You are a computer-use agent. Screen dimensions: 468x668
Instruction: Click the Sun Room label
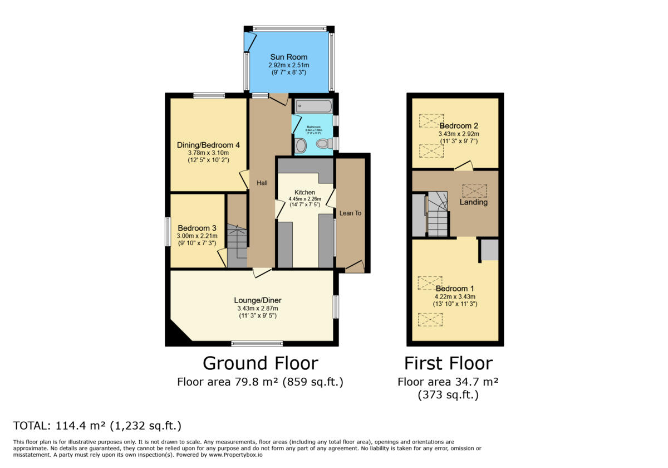(x=288, y=57)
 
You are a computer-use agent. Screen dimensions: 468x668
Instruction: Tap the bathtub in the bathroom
(x=313, y=105)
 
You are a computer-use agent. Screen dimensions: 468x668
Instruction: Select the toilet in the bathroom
(x=323, y=144)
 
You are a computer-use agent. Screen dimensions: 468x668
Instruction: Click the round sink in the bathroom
(x=301, y=146)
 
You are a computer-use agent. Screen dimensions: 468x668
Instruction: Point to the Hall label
(x=262, y=183)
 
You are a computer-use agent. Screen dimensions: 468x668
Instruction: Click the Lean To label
(x=350, y=213)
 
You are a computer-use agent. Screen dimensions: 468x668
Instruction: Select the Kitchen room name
(x=305, y=192)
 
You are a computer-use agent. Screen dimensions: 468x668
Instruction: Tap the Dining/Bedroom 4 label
(x=208, y=145)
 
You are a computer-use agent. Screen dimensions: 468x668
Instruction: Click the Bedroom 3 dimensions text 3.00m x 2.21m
(x=198, y=236)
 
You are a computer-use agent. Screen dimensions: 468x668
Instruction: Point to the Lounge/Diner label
(x=256, y=300)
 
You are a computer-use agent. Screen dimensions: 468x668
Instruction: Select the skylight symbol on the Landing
(x=474, y=191)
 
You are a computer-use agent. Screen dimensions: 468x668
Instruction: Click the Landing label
(x=473, y=202)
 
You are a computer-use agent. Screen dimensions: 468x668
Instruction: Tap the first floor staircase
(x=438, y=214)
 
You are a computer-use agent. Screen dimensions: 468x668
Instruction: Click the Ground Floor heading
(x=260, y=363)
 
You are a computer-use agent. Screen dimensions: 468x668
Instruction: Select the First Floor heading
(x=448, y=363)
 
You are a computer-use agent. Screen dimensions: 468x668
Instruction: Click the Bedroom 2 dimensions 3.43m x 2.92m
(x=459, y=134)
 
